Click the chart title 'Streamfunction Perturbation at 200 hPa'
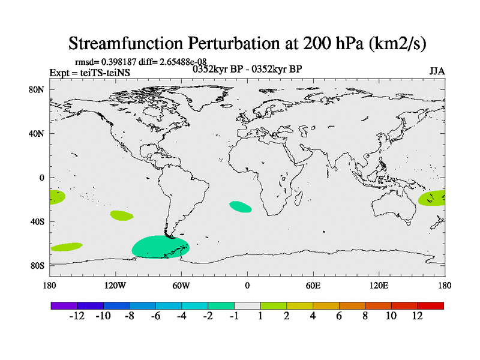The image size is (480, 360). click(x=247, y=44)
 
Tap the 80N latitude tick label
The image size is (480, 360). click(x=38, y=90)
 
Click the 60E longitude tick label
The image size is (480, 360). click(x=313, y=286)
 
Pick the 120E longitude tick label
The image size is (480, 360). click(x=379, y=286)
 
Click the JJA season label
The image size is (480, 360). click(x=437, y=71)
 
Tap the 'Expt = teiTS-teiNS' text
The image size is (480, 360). click(x=89, y=73)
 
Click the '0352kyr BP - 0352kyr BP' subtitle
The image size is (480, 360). click(x=247, y=69)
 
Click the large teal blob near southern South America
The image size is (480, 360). click(x=160, y=247)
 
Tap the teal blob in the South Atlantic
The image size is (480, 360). click(x=240, y=206)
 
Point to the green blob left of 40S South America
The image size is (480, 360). click(x=122, y=215)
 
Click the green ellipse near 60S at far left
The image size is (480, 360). click(x=66, y=247)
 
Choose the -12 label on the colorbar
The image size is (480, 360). click(x=77, y=316)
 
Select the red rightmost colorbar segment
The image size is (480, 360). click(x=430, y=305)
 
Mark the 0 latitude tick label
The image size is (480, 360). click(x=42, y=178)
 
